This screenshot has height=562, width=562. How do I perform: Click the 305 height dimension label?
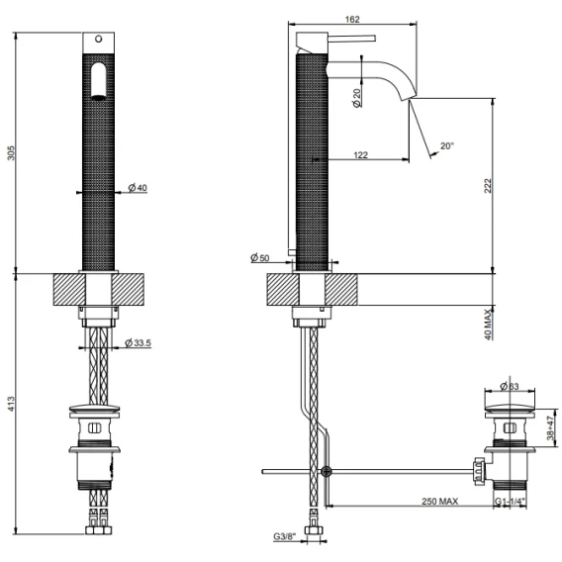click(x=11, y=153)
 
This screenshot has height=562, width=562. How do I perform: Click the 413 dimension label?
click(x=11, y=404)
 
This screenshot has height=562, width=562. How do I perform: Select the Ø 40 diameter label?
click(x=138, y=187)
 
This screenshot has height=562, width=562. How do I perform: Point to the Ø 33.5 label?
click(x=138, y=343)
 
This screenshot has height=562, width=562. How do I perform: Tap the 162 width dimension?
click(x=352, y=20)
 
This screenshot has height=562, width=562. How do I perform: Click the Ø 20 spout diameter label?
click(x=357, y=98)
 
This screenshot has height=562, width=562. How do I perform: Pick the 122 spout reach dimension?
click(x=360, y=154)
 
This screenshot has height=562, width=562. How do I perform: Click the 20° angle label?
click(x=447, y=145)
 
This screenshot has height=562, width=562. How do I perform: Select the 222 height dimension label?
click(x=488, y=186)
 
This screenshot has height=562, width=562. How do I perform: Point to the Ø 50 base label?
click(x=260, y=257)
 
